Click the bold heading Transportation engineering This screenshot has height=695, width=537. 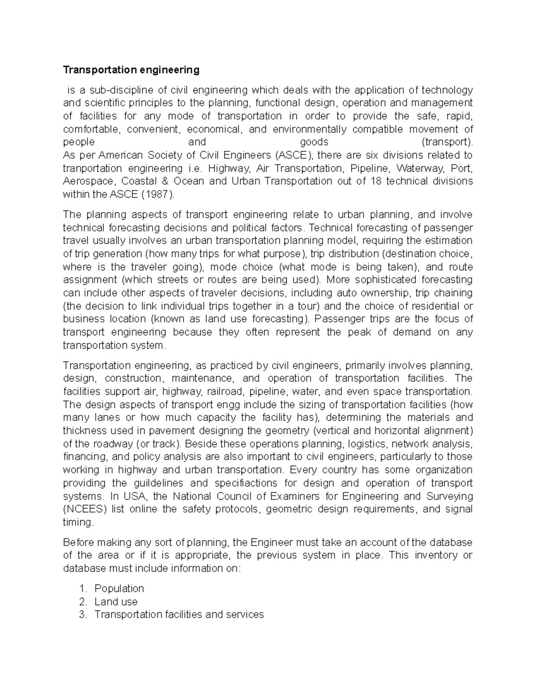[131, 70]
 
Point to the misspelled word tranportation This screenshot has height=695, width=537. [92, 169]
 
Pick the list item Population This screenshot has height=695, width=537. [119, 588]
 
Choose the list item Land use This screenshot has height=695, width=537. [116, 601]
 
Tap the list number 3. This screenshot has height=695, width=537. [82, 614]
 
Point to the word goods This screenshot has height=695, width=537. [314, 142]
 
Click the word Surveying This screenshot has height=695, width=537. [448, 496]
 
